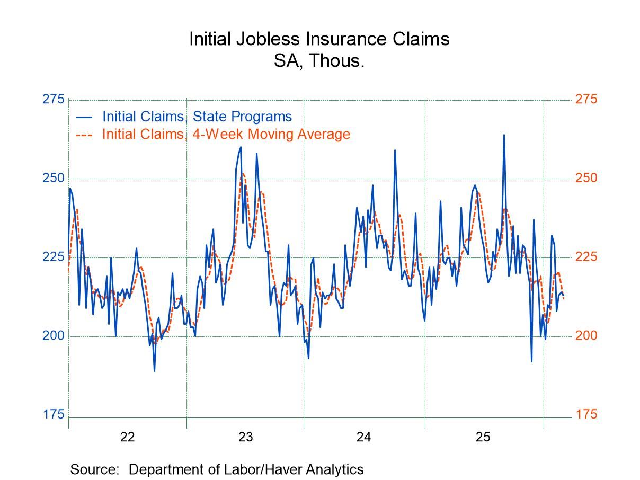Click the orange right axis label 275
pos(586,100)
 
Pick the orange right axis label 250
pos(586,178)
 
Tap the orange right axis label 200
pos(586,335)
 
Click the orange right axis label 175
pos(586,414)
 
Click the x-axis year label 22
pos(127,438)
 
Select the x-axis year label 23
pos(245,438)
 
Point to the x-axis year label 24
pos(364,438)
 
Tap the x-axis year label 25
pos(483,438)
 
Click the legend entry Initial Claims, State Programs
pos(196,117)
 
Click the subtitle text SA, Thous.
pos(319,61)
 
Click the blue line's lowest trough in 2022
pos(154,371)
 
